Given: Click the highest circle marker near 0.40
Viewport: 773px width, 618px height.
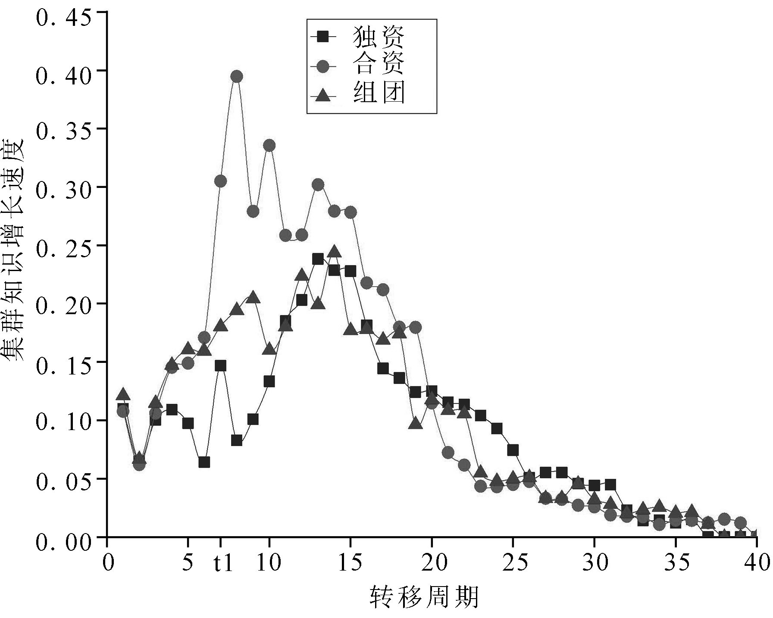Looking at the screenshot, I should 237,76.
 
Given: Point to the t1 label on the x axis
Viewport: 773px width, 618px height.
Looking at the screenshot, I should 223,563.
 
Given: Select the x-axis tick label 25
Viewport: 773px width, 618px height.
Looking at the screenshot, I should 513,563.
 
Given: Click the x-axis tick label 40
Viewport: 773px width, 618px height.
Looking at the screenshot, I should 756,563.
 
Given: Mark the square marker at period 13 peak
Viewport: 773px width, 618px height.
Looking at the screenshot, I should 318,259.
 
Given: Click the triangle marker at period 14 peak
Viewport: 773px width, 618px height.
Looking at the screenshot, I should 334,252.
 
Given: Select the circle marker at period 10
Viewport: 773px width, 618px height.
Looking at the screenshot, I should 269,146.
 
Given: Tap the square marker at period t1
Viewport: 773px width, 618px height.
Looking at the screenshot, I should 220,366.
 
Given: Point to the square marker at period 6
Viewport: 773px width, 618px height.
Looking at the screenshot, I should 204,462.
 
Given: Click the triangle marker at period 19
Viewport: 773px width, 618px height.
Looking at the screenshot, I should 416,424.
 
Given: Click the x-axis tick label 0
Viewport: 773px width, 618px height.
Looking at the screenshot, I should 107,563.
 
